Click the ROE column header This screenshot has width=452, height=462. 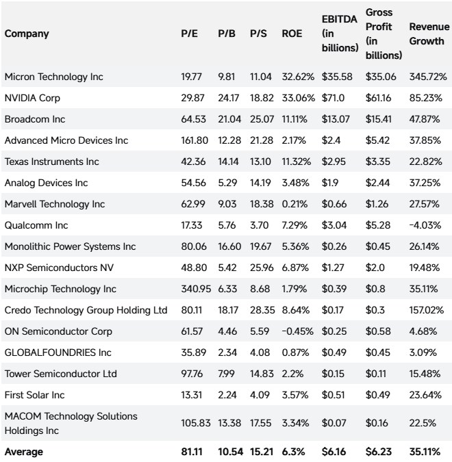click(x=292, y=34)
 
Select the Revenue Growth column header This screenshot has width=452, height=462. click(x=429, y=34)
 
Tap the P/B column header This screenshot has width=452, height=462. click(x=227, y=34)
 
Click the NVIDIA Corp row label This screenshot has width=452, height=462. click(x=32, y=98)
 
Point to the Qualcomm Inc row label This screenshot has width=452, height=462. click(x=36, y=225)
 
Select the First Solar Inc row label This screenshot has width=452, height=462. click(x=34, y=395)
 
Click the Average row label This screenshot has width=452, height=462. click(x=24, y=452)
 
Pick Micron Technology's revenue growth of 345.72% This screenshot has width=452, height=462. click(x=428, y=77)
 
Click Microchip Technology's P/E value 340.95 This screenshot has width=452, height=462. click(x=196, y=289)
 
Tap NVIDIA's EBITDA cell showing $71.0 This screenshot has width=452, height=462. click(x=333, y=98)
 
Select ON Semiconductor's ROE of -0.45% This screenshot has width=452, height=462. click(x=297, y=331)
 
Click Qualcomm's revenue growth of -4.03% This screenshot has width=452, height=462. click(x=425, y=225)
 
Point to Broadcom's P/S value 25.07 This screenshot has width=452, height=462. click(x=262, y=119)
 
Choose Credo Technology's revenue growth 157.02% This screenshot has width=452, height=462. click(x=427, y=310)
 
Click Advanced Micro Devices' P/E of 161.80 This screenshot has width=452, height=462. click(x=194, y=140)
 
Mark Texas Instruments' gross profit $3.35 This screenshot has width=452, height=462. click(x=378, y=162)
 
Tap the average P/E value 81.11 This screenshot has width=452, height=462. click(x=192, y=452)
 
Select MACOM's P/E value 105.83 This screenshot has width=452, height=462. click(x=196, y=423)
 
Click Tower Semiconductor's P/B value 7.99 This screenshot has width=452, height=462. click(x=226, y=374)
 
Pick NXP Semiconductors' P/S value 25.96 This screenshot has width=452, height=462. click(x=262, y=268)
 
